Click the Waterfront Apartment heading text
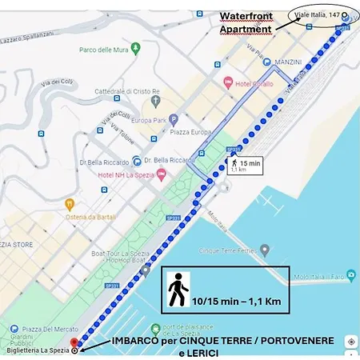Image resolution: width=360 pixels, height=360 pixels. click(x=247, y=22)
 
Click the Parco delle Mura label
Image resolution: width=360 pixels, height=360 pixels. click(x=100, y=50)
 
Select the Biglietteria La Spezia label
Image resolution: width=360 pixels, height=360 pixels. click(x=35, y=350)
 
